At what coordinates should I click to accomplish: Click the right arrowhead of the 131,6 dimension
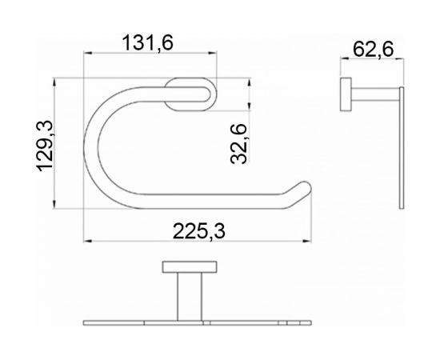tap(214, 54)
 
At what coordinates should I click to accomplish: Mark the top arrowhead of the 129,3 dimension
tap(55, 82)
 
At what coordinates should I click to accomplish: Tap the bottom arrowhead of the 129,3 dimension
tap(55, 206)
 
